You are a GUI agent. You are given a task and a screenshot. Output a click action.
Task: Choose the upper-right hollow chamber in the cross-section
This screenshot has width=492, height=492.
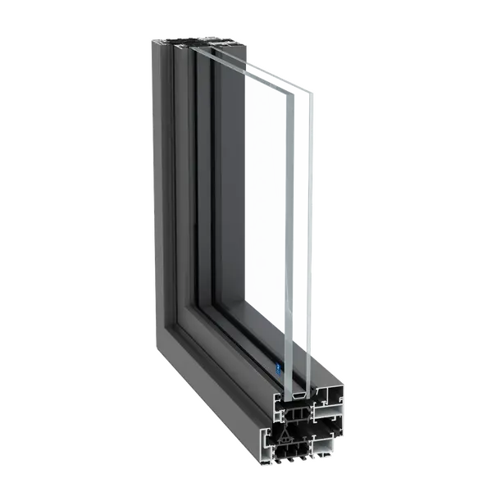pos(324,402)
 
